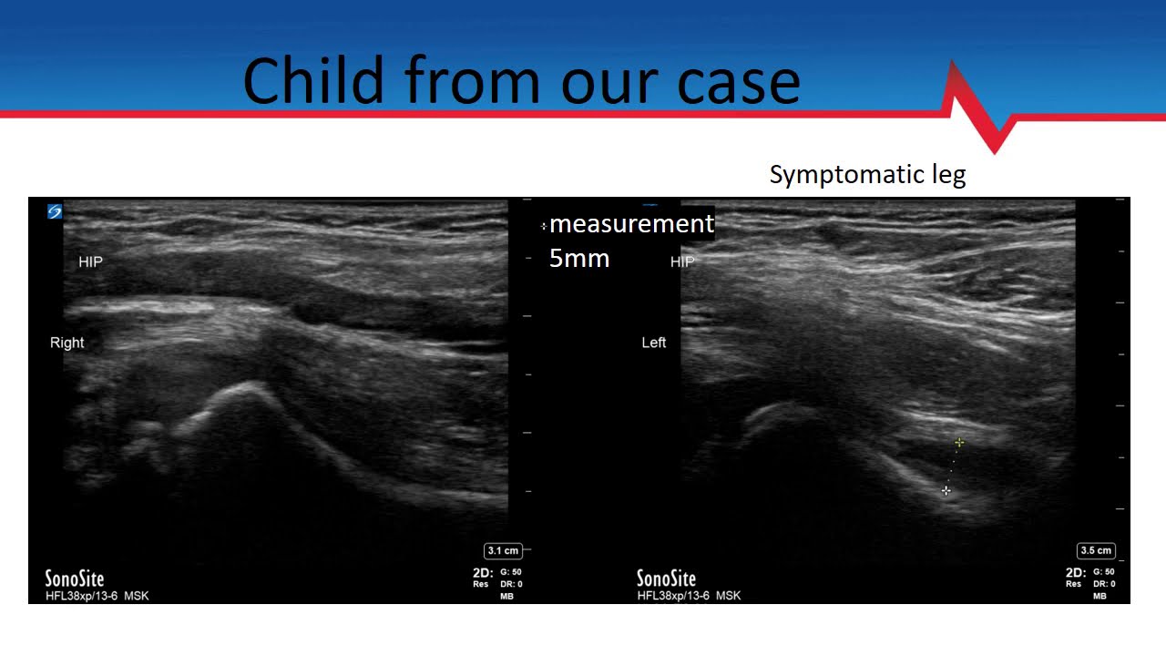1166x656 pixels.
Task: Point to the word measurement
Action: click(631, 223)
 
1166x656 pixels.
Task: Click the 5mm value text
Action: click(579, 259)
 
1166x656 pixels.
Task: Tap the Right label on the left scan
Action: click(67, 343)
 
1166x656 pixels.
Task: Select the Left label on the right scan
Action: click(654, 343)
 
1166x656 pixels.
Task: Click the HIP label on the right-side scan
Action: click(681, 262)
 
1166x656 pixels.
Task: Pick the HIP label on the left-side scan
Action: click(91, 261)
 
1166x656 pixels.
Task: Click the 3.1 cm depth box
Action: click(503, 550)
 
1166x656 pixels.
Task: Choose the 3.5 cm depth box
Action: click(1096, 550)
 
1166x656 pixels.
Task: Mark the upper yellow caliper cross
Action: click(959, 443)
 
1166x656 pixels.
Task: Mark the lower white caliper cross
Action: click(946, 491)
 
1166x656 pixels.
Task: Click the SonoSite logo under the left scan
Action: click(75, 579)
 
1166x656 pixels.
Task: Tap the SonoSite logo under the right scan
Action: click(666, 579)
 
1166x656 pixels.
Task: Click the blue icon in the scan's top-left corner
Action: click(55, 211)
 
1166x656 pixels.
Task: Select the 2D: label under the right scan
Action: click(1075, 573)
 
